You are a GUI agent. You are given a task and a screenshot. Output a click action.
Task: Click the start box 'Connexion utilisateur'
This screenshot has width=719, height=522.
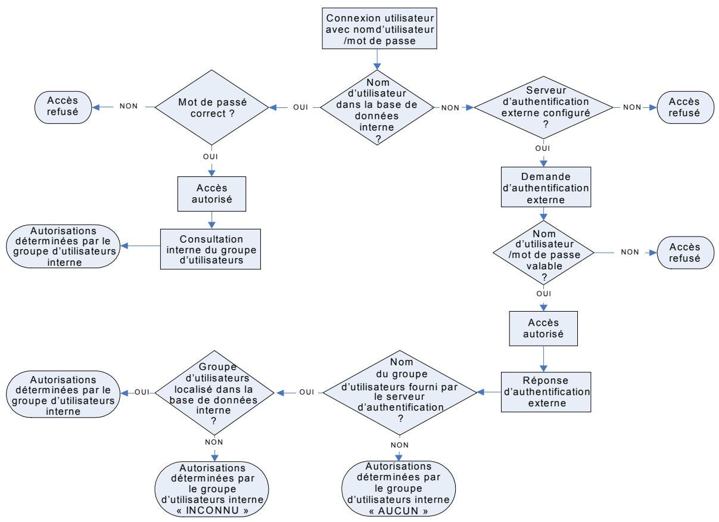pos(377,28)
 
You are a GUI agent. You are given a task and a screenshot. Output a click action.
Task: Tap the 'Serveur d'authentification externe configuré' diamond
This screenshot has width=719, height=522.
pos(543,107)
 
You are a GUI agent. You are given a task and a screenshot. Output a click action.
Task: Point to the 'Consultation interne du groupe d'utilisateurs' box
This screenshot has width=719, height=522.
pos(211,248)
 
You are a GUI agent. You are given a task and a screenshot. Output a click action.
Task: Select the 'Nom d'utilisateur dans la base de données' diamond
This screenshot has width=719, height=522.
pos(377,107)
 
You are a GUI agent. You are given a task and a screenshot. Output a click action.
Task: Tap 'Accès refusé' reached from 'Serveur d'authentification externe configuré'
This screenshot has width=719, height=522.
pos(684,107)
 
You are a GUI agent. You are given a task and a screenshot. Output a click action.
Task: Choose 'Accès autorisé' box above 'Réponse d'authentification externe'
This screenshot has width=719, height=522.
pos(543,328)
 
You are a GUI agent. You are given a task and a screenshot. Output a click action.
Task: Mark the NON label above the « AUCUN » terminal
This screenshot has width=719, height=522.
pos(400,445)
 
